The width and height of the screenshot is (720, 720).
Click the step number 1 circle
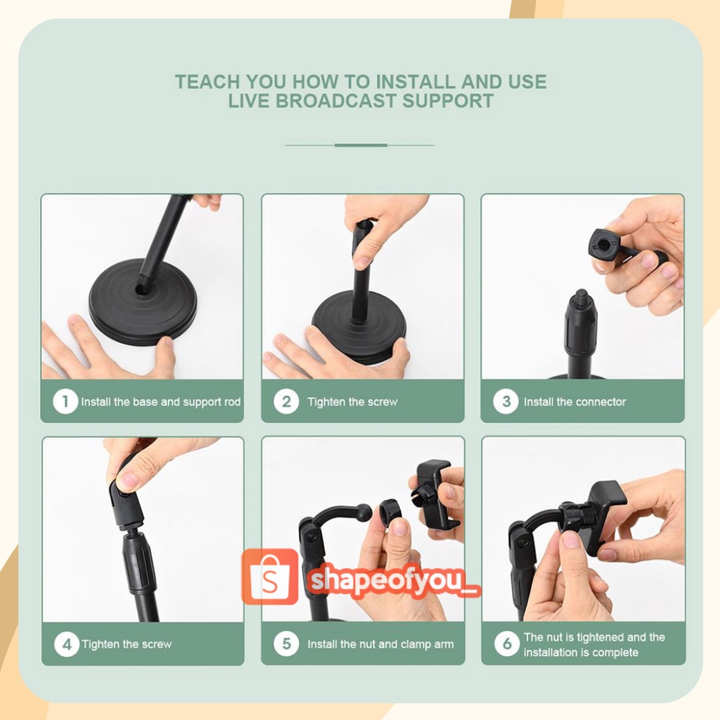pyautogui.click(x=65, y=401)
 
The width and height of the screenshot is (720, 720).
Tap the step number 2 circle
pyautogui.click(x=286, y=401)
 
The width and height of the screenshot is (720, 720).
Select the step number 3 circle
pyautogui.click(x=506, y=401)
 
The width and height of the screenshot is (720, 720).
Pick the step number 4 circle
pyautogui.click(x=67, y=644)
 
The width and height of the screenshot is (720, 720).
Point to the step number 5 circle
pyautogui.click(x=286, y=643)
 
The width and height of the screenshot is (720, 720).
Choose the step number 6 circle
pyautogui.click(x=507, y=643)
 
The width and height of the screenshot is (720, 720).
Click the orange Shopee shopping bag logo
pyautogui.click(x=270, y=577)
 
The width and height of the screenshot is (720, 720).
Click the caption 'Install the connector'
pyautogui.click(x=574, y=401)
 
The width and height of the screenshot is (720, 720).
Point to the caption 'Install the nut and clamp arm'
pyautogui.click(x=380, y=644)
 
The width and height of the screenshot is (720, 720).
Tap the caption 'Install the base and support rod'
pyautogui.click(x=161, y=401)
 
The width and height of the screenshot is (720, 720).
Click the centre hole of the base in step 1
pyautogui.click(x=143, y=290)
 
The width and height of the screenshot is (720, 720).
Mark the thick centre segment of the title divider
pyautogui.click(x=361, y=145)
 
